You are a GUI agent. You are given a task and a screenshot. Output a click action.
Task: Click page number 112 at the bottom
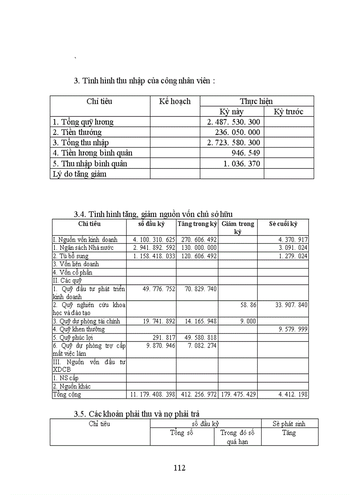[x=180, y=468]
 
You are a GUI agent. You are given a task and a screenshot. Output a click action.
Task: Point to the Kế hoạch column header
[x=175, y=101]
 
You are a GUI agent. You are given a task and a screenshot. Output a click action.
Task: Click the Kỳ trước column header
[x=289, y=112]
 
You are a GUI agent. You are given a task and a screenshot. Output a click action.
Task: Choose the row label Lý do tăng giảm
[x=79, y=174]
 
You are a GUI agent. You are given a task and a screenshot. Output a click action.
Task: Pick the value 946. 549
[x=245, y=153]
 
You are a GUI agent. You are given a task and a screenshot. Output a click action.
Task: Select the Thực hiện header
[x=256, y=101]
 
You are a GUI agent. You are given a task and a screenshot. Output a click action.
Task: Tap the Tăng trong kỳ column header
[x=197, y=224]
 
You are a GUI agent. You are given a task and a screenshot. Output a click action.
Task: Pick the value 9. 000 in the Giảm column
[x=248, y=321]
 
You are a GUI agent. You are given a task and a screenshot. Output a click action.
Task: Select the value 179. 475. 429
[x=239, y=395]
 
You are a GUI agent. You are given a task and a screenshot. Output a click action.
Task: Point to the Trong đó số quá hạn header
[x=237, y=437]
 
